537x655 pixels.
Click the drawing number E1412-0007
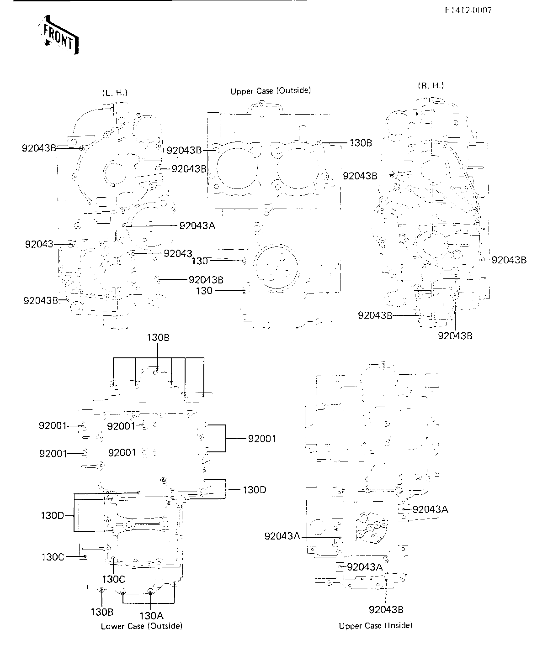468,10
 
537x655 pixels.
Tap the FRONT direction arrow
59,35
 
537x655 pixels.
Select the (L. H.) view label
115,93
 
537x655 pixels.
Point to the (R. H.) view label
431,85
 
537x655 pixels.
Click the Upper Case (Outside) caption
271,91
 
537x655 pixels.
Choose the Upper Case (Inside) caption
376,625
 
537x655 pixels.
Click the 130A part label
151,615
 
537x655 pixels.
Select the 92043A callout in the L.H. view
197,225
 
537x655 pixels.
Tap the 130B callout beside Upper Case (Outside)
361,143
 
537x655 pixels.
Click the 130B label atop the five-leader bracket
158,338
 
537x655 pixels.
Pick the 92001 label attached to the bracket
262,439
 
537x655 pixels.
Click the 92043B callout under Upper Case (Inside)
386,610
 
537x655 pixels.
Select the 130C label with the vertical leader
114,579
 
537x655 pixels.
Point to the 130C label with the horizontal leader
53,557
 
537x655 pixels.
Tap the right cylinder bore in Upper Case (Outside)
298,168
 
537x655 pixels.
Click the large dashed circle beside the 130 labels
276,266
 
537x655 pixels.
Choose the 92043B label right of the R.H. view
509,260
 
